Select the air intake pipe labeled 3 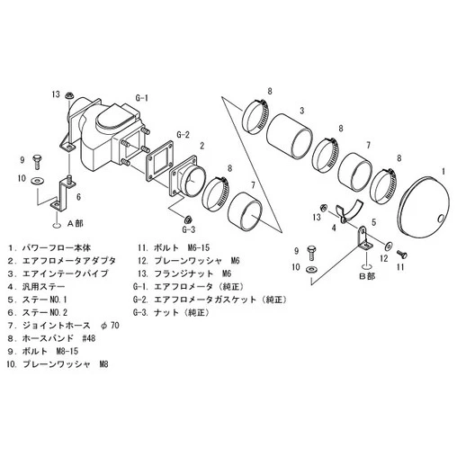pyautogui.click(x=290, y=136)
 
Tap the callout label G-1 pyautogui.click(x=141, y=98)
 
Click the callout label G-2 pyautogui.click(x=183, y=135)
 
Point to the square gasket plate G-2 pyautogui.click(x=159, y=161)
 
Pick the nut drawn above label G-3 pyautogui.click(x=188, y=219)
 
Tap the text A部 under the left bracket pyautogui.click(x=75, y=223)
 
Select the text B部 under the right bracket pyautogui.click(x=367, y=276)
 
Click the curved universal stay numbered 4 pyautogui.click(x=349, y=211)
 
